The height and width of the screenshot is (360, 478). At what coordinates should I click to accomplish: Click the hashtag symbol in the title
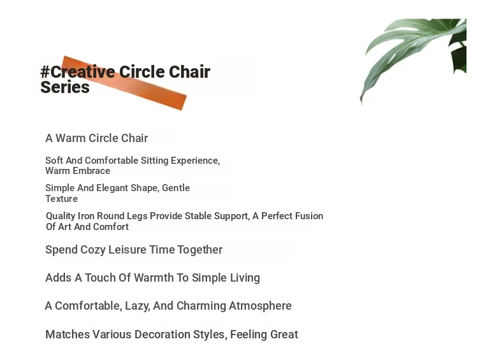[x=45, y=72]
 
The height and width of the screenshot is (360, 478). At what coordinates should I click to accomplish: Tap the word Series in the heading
[x=65, y=87]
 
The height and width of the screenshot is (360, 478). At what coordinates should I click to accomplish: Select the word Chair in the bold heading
[x=189, y=72]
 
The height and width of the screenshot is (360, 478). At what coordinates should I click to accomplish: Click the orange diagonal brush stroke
[x=124, y=83]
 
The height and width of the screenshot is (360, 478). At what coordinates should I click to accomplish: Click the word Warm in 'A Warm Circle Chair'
[x=70, y=138]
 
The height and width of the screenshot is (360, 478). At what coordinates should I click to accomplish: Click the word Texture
[x=62, y=199]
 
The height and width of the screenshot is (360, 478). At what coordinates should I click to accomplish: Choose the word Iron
[x=86, y=216]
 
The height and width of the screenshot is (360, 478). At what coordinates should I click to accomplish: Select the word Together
[x=199, y=250]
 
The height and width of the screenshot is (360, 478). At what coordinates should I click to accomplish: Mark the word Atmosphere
[x=260, y=306]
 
